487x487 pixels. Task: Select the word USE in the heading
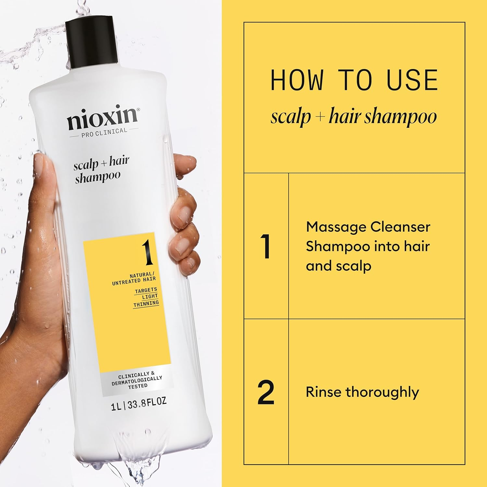(412, 80)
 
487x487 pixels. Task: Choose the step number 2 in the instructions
(266, 393)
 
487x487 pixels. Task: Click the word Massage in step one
(336, 227)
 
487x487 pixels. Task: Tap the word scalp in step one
(354, 266)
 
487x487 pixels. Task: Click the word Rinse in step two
(323, 392)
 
